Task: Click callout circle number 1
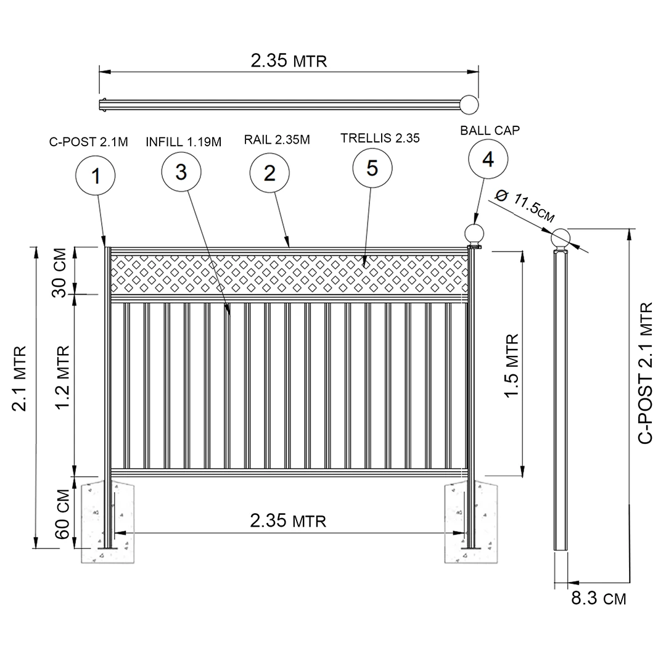point(96,176)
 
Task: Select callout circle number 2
point(269,173)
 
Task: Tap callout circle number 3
point(181,172)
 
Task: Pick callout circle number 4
point(487,159)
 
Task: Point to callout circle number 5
point(372,168)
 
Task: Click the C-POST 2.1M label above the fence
point(89,142)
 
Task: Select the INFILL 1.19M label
point(183,142)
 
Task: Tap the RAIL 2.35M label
point(277,140)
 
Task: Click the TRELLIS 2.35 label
point(380,138)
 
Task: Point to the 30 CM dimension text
point(60,272)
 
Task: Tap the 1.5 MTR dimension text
point(511,366)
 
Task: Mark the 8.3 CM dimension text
point(598,598)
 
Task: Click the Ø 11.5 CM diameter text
point(525,205)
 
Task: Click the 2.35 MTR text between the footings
point(288,521)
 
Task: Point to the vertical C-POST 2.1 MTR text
point(645,372)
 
